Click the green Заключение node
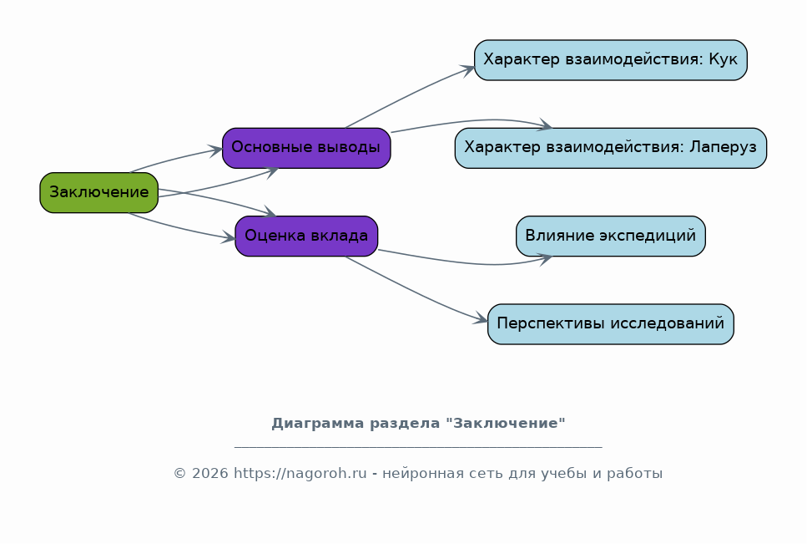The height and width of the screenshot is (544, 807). [x=98, y=193]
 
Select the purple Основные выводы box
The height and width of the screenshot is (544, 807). [x=306, y=148]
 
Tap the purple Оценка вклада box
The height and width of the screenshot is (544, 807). [x=306, y=236]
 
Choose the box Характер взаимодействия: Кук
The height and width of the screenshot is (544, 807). [x=610, y=60]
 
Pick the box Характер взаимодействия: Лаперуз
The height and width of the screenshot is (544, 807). [x=610, y=148]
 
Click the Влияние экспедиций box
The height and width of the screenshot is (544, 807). [x=610, y=236]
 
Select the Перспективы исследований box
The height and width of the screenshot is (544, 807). [x=610, y=324]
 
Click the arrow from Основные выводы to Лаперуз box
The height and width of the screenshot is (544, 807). [x=471, y=121]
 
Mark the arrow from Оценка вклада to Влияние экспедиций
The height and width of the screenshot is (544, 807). [x=471, y=262]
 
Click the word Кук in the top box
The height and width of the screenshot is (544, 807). [x=723, y=59]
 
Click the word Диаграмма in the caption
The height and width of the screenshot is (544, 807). [x=318, y=424]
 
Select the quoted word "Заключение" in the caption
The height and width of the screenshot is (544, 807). [x=506, y=423]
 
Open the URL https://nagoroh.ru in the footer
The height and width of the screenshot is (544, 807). [x=300, y=474]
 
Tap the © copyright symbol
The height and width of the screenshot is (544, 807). [x=179, y=474]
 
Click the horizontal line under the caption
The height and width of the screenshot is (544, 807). [x=418, y=446]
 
